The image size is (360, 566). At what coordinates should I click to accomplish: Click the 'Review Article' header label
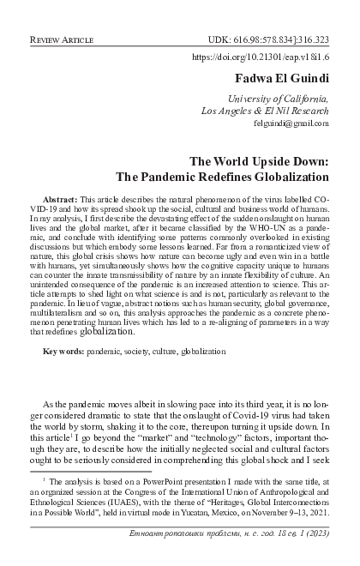pyautogui.click(x=63, y=40)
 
